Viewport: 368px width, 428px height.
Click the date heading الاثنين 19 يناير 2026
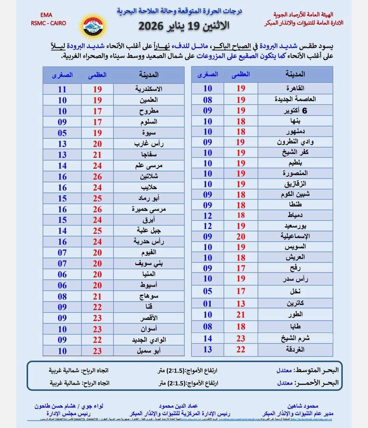(x=184, y=26)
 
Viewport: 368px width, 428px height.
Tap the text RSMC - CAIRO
(x=48, y=23)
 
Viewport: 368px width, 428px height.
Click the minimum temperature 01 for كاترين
(x=208, y=303)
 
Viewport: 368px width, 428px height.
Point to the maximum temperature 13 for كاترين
(x=241, y=303)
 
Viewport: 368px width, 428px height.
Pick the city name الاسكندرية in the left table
(x=149, y=89)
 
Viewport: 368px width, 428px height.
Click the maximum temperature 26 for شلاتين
(x=97, y=177)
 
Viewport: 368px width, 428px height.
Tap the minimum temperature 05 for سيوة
(x=62, y=133)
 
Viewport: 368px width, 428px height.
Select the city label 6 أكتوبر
(x=295, y=110)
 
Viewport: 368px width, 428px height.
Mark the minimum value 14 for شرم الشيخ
(x=208, y=338)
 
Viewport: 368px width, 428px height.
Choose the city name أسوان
(x=149, y=329)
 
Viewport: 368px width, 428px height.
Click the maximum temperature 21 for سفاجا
(x=97, y=155)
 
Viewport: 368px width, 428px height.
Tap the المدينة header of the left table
(x=149, y=75)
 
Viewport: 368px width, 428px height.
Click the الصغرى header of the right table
(x=208, y=74)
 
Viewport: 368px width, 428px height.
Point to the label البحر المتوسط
(x=317, y=370)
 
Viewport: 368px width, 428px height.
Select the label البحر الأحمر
(x=317, y=383)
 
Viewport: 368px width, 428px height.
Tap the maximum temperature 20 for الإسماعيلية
(x=241, y=236)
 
